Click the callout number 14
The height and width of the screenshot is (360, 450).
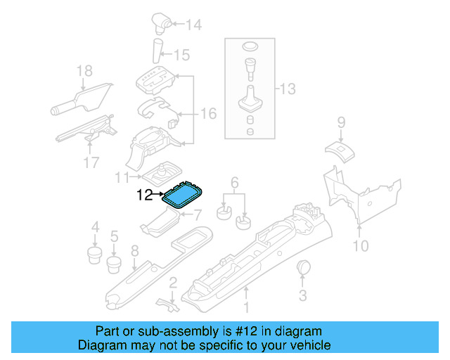pyautogui.click(x=193, y=25)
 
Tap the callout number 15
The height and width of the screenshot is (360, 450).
pyautogui.click(x=181, y=54)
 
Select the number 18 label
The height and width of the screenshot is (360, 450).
pyautogui.click(x=84, y=70)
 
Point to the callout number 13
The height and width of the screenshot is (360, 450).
pyautogui.click(x=288, y=89)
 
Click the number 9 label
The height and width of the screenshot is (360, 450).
pyautogui.click(x=341, y=123)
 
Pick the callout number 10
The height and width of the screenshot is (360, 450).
pyautogui.click(x=360, y=245)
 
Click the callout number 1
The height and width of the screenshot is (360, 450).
pyautogui.click(x=246, y=307)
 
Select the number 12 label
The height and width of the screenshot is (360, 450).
pyautogui.click(x=145, y=197)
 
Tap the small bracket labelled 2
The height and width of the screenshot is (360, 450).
pyautogui.click(x=165, y=302)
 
